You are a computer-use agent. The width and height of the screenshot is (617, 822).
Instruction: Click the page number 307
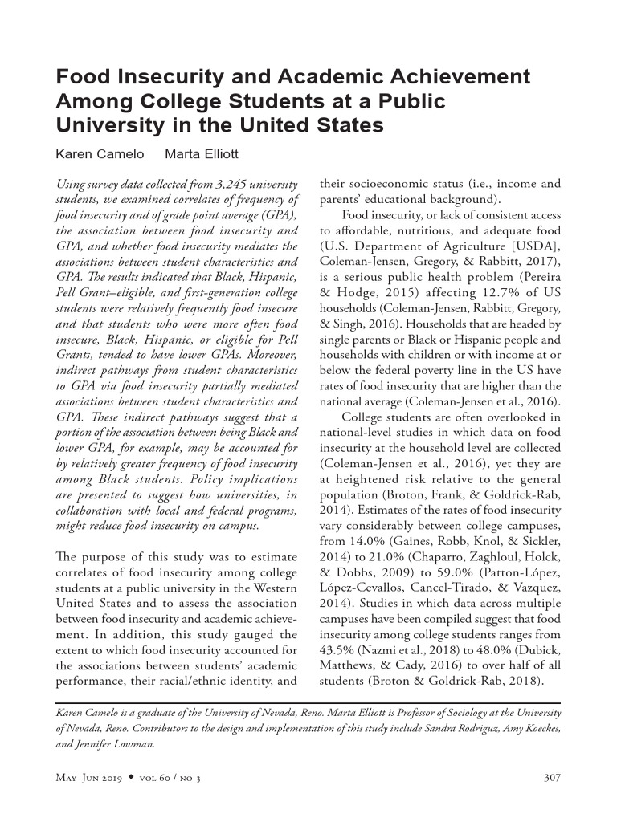pyautogui.click(x=552, y=777)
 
